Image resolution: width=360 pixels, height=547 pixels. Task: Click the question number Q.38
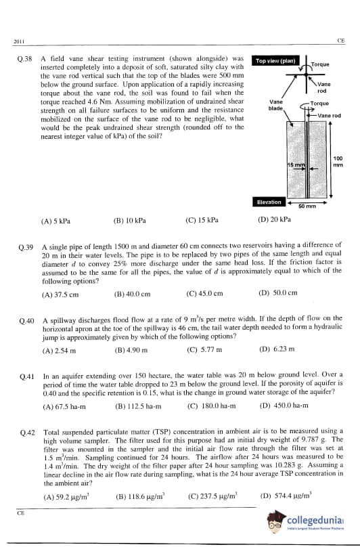click(25, 59)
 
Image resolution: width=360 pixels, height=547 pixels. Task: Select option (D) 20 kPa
click(274, 219)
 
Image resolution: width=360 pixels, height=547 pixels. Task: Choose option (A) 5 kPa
click(55, 221)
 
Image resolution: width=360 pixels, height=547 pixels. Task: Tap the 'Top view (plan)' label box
click(275, 61)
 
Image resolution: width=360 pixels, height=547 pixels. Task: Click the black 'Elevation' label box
click(269, 202)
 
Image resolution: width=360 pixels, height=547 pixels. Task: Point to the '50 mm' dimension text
click(307, 206)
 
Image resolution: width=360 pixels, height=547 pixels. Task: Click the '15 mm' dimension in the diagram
click(296, 165)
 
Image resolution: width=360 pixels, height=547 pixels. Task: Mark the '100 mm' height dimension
click(338, 162)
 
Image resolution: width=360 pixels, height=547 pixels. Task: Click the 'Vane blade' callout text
click(275, 105)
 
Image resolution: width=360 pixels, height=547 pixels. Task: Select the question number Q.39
click(26, 247)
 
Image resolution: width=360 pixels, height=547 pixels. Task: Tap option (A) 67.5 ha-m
click(64, 406)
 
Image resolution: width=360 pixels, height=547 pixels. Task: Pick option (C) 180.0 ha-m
click(212, 406)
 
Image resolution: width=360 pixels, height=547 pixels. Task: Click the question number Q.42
click(28, 433)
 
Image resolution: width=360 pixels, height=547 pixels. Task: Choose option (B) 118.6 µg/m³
click(140, 496)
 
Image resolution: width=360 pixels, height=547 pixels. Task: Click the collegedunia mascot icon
click(276, 522)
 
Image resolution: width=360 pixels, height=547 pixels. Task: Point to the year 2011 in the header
click(19, 42)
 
